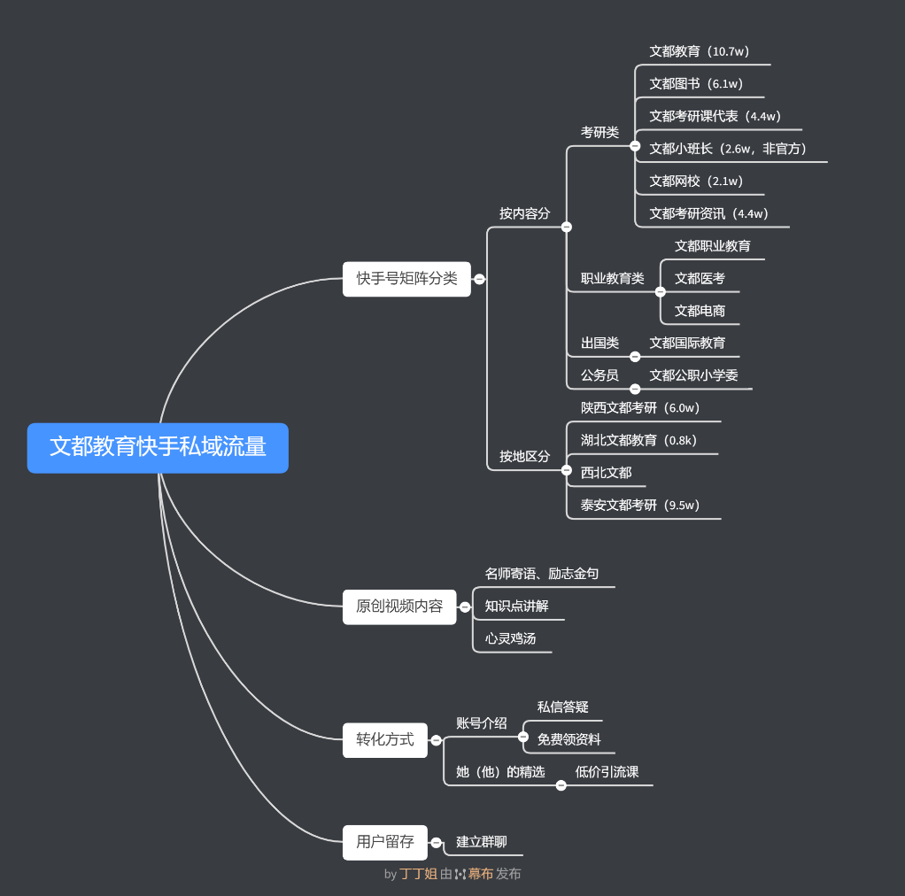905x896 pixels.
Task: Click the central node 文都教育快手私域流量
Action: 158,447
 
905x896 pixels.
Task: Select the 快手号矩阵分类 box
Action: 406,279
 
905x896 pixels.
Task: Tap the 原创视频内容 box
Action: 399,606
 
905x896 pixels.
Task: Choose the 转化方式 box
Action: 384,739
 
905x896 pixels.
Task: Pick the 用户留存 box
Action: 384,842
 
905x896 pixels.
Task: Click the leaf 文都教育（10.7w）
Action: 700,51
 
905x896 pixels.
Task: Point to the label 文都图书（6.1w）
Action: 696,84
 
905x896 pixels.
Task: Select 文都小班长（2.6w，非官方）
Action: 728,149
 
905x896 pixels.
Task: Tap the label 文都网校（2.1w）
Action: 696,182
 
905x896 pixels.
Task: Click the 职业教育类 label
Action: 612,278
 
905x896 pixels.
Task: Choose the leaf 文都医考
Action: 700,278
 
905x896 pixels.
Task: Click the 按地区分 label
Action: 524,456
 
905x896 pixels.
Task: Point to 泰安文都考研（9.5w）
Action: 640,506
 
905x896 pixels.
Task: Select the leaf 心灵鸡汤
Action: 510,638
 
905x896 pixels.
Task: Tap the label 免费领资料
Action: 569,739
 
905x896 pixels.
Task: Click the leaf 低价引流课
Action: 607,772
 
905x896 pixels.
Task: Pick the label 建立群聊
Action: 481,842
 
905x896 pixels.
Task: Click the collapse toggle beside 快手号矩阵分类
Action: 479,279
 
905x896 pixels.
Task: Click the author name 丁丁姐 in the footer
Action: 418,874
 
